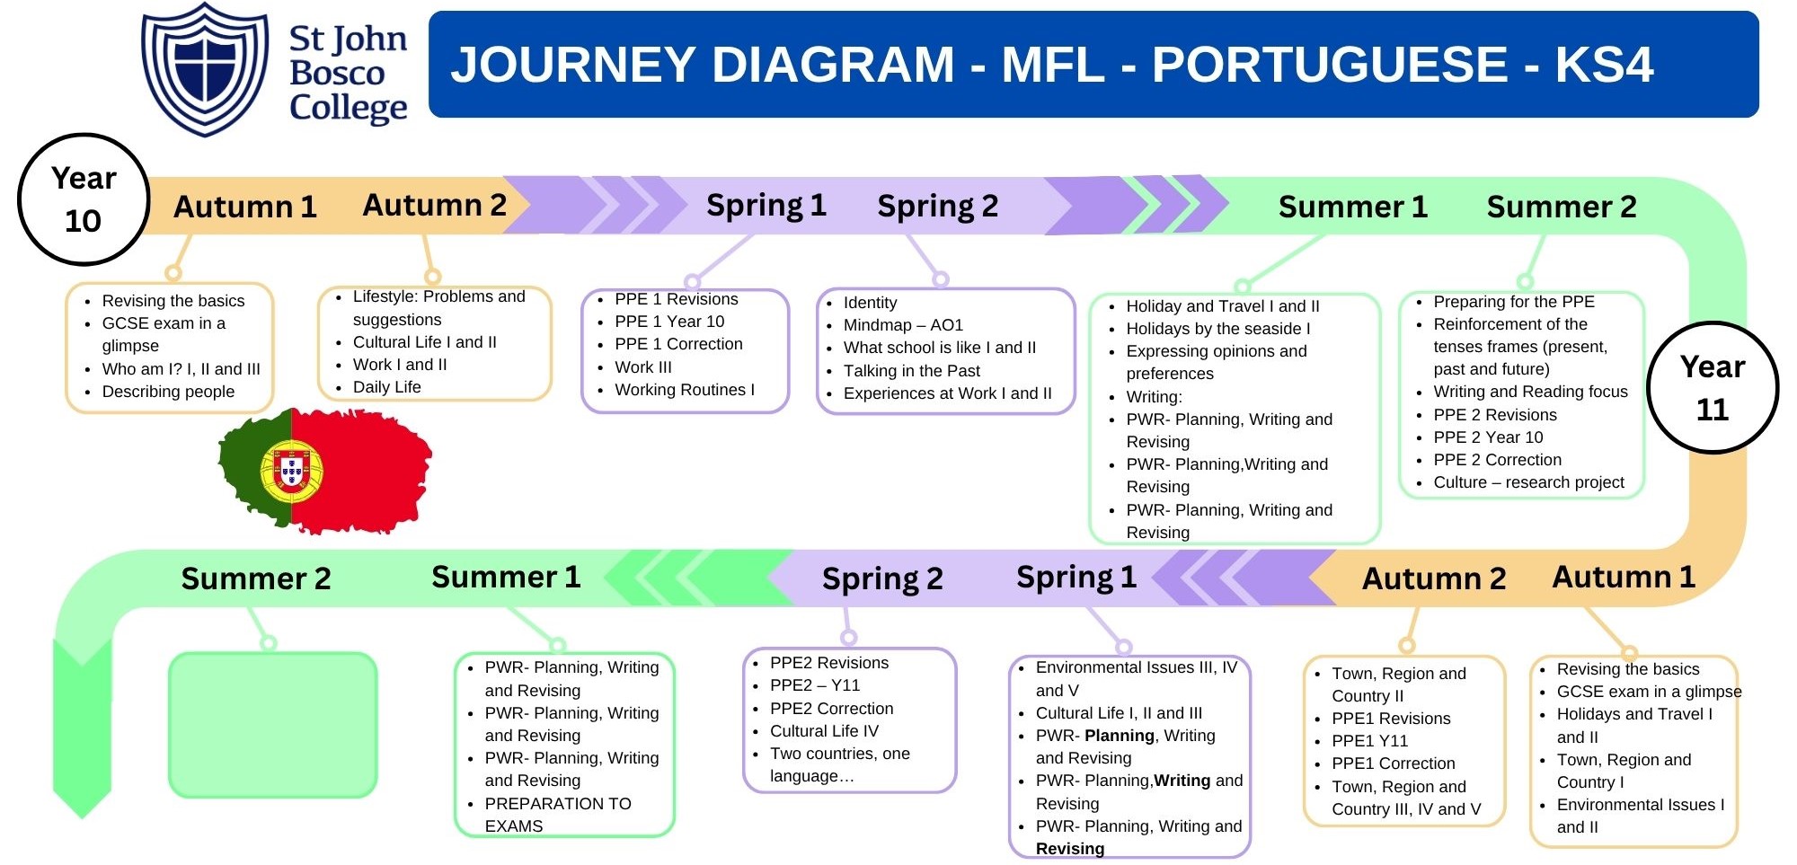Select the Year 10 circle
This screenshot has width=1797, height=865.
pos(84,199)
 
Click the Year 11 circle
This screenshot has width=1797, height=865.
pos(1713,388)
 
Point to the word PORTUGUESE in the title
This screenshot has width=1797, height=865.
pos(1330,65)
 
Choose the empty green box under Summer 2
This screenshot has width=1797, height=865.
pos(272,724)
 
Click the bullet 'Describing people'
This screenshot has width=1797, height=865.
pos(168,392)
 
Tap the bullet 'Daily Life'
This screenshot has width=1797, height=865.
pos(386,387)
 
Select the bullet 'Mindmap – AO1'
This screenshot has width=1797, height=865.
pos(902,325)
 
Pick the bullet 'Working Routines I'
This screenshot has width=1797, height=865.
pos(684,390)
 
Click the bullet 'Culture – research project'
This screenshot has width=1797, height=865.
pos(1528,482)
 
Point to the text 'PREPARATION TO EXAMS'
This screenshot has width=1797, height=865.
pos(557,814)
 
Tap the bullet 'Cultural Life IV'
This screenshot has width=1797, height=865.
pos(824,731)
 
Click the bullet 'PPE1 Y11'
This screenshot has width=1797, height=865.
pos(1369,741)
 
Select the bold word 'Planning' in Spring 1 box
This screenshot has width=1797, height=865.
pos(1119,736)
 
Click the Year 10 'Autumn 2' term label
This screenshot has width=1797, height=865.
pos(434,206)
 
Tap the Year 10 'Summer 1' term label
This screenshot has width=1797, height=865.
pos(1352,207)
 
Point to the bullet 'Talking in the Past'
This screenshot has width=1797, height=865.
pos(911,371)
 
